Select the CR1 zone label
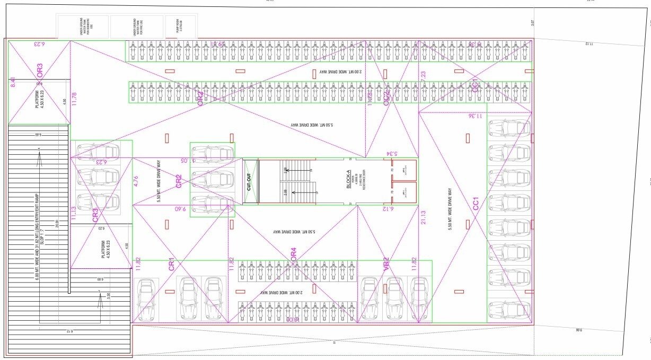172,265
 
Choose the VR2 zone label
386,264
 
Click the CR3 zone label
95,215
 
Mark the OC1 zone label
475,86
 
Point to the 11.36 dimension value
476,116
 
